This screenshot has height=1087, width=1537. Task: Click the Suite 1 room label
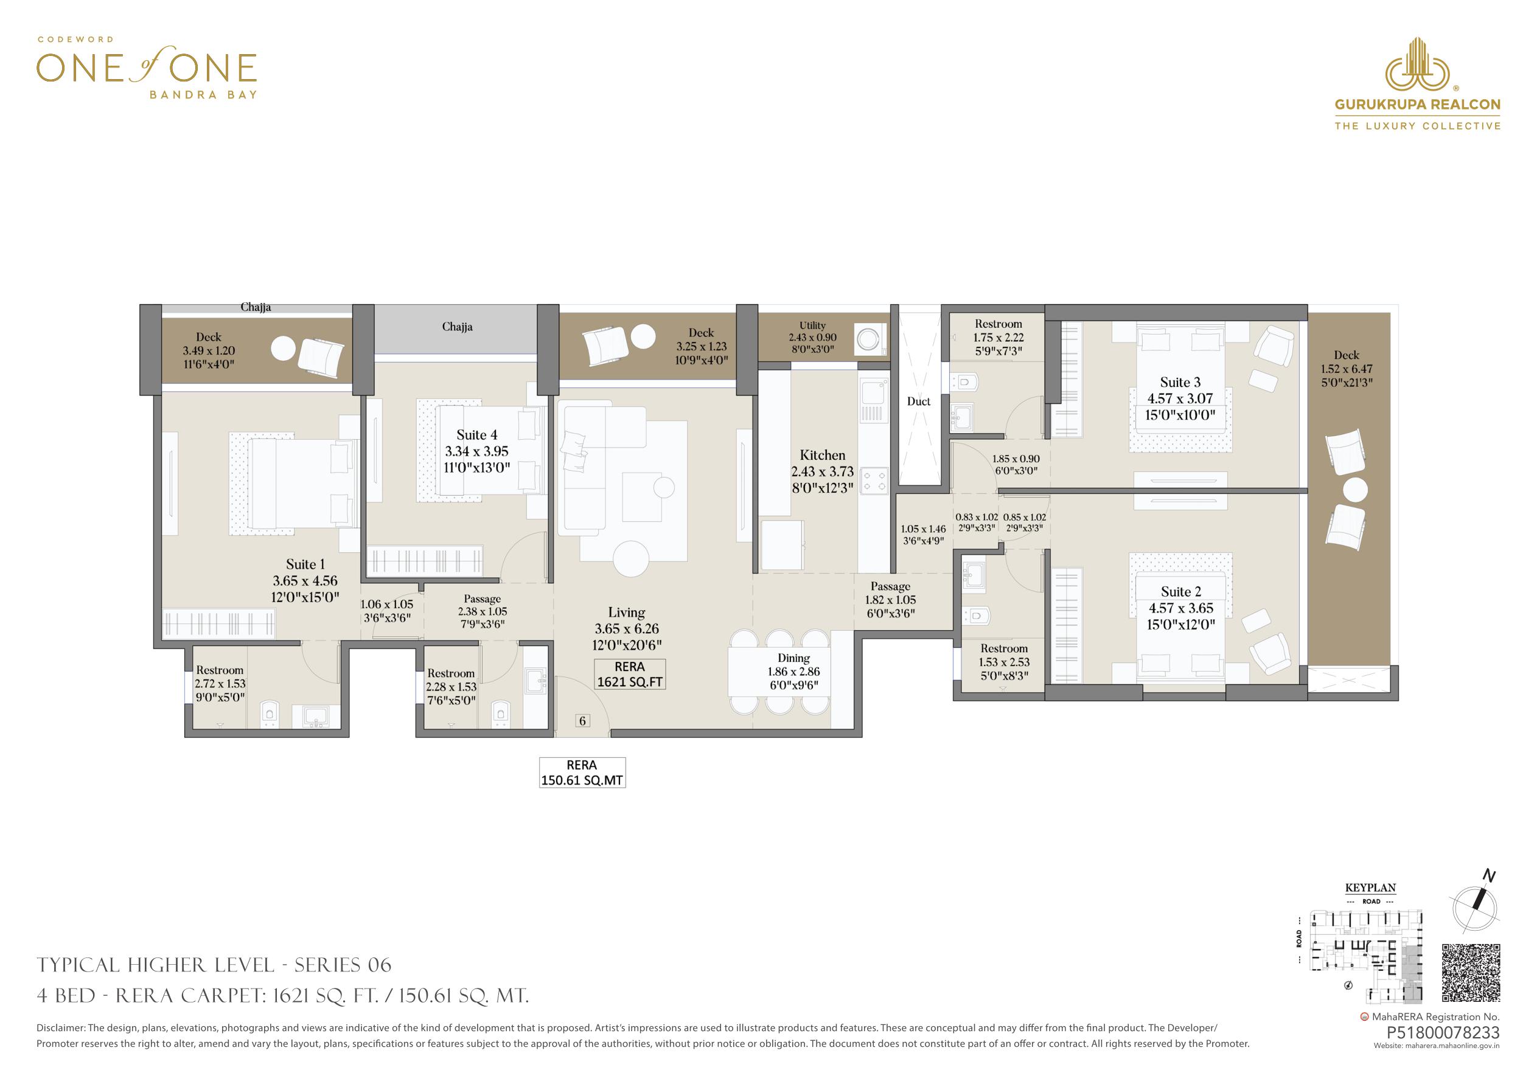click(x=305, y=564)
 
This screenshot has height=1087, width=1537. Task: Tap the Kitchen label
click(x=822, y=455)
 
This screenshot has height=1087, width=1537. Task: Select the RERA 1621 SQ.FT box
click(x=630, y=674)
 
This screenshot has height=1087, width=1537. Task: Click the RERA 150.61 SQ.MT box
click(x=582, y=773)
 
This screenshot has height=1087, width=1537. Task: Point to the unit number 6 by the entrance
click(x=582, y=721)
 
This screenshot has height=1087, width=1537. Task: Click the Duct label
click(x=918, y=401)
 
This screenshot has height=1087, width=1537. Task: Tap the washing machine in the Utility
click(x=869, y=340)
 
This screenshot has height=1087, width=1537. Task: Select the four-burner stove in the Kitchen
click(x=874, y=480)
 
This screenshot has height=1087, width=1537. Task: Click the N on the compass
click(x=1484, y=875)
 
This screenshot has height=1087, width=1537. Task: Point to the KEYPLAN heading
click(x=1370, y=888)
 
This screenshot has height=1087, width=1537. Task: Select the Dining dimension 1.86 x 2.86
click(x=793, y=672)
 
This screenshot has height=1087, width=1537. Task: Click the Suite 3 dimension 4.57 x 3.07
click(x=1180, y=398)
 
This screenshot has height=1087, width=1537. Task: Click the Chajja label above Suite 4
click(x=457, y=327)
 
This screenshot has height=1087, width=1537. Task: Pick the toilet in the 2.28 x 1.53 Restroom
click(x=500, y=713)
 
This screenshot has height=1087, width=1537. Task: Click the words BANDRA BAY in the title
click(x=203, y=95)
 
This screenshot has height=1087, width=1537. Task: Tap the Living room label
click(x=627, y=612)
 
